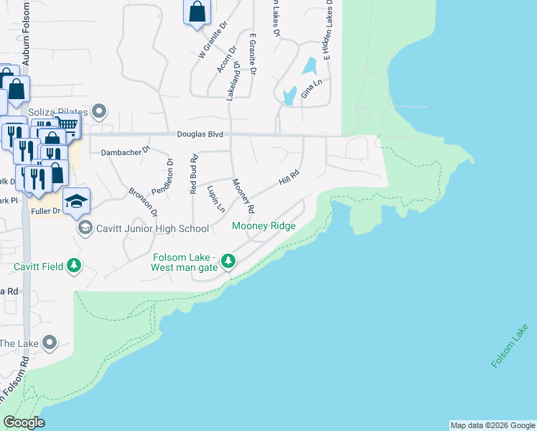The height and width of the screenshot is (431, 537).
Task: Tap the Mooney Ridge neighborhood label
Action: point(263,226)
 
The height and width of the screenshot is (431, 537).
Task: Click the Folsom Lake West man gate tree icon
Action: point(228,260)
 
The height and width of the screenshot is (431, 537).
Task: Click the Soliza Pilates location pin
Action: point(100,112)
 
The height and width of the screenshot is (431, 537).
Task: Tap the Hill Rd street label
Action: point(288,175)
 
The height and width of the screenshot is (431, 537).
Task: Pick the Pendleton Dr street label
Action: point(171,172)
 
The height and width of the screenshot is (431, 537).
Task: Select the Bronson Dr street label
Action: point(142,202)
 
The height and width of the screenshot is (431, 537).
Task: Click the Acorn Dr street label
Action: point(226,60)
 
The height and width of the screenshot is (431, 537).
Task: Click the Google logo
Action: point(24,422)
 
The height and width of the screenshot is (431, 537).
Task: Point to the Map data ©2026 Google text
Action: point(492,425)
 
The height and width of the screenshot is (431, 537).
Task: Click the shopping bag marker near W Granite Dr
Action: point(197,12)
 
